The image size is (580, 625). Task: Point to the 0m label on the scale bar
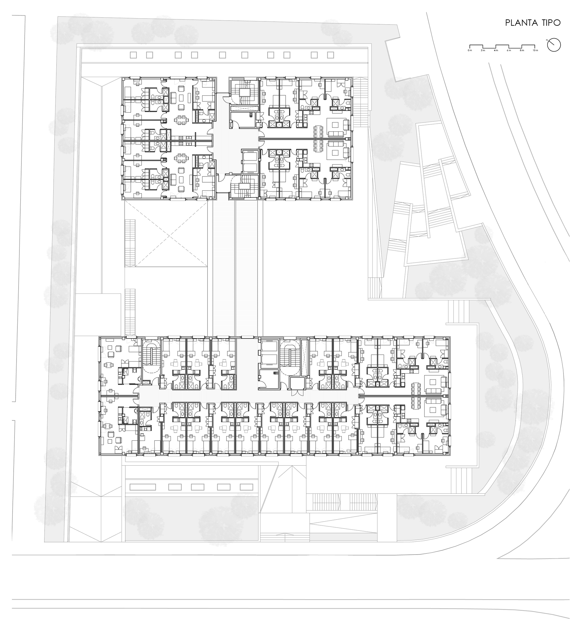pyautogui.click(x=470, y=50)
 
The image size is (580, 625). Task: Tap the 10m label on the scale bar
pyautogui.click(x=535, y=50)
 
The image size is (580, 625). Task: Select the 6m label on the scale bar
pyautogui.click(x=509, y=50)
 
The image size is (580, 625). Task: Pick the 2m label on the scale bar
pyautogui.click(x=483, y=50)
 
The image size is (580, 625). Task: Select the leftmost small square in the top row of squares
pyautogui.click(x=133, y=55)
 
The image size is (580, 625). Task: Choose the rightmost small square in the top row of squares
pyautogui.click(x=331, y=55)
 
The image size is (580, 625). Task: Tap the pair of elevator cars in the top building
pyautogui.click(x=250, y=161)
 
